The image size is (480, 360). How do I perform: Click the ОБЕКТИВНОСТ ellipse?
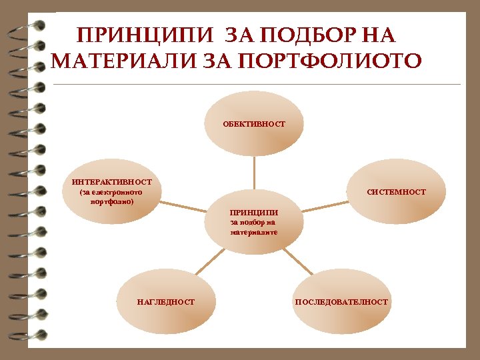point(253,123)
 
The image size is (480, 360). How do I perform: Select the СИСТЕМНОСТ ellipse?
point(397,192)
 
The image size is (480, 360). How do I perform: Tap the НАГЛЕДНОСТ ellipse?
point(166,302)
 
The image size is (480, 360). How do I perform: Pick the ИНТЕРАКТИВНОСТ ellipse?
point(112,192)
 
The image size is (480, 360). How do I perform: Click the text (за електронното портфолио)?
point(111,197)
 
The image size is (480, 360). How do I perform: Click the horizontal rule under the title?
point(257,85)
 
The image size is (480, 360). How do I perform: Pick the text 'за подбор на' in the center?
point(254,223)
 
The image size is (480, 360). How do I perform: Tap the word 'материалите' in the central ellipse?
point(254,233)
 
